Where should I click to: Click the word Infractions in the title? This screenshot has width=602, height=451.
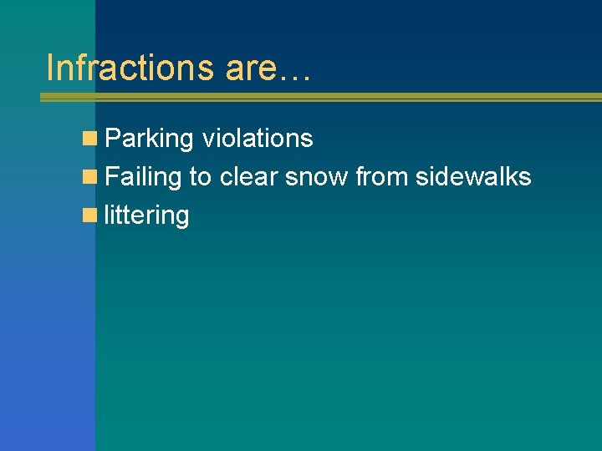(130, 68)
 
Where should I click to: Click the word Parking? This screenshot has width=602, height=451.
(150, 139)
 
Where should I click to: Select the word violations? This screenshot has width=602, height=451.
(258, 138)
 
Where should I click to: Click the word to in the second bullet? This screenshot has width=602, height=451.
(201, 177)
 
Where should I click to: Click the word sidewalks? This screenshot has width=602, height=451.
(474, 177)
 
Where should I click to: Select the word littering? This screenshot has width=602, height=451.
(147, 216)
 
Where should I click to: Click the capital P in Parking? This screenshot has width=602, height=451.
(114, 139)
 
